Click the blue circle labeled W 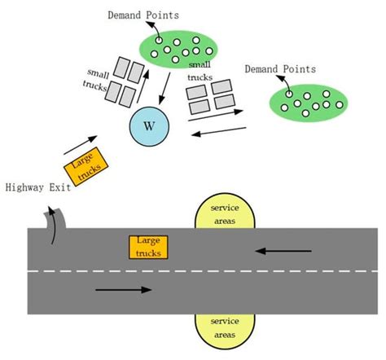(x=148, y=126)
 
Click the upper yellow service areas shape (x=225, y=214)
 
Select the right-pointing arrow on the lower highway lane (x=123, y=289)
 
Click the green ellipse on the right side (x=308, y=102)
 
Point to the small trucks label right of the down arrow (x=200, y=70)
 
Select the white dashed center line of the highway (x=204, y=270)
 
